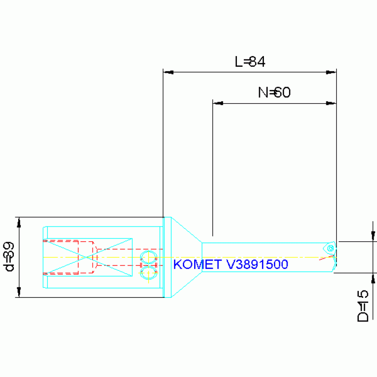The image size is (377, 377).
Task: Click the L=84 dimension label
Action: pos(250,61)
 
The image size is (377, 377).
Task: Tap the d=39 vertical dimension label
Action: pos(9,257)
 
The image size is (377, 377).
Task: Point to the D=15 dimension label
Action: pos(363,306)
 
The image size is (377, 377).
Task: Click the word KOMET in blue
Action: pos(198,264)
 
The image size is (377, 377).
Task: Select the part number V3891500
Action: pos(257,264)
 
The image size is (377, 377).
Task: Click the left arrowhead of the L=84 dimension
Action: pos(168,72)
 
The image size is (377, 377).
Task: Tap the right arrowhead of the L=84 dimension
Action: pos(332,72)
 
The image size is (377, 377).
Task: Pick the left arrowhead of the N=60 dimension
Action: pos(218,103)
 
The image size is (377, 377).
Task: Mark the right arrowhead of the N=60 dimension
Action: pos(331,103)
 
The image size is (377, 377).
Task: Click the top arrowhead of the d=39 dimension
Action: pos(19,222)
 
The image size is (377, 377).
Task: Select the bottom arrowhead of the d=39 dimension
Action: pos(19,292)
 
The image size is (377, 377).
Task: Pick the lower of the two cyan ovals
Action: pos(148,272)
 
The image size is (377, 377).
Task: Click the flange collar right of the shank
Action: pos(168,257)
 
